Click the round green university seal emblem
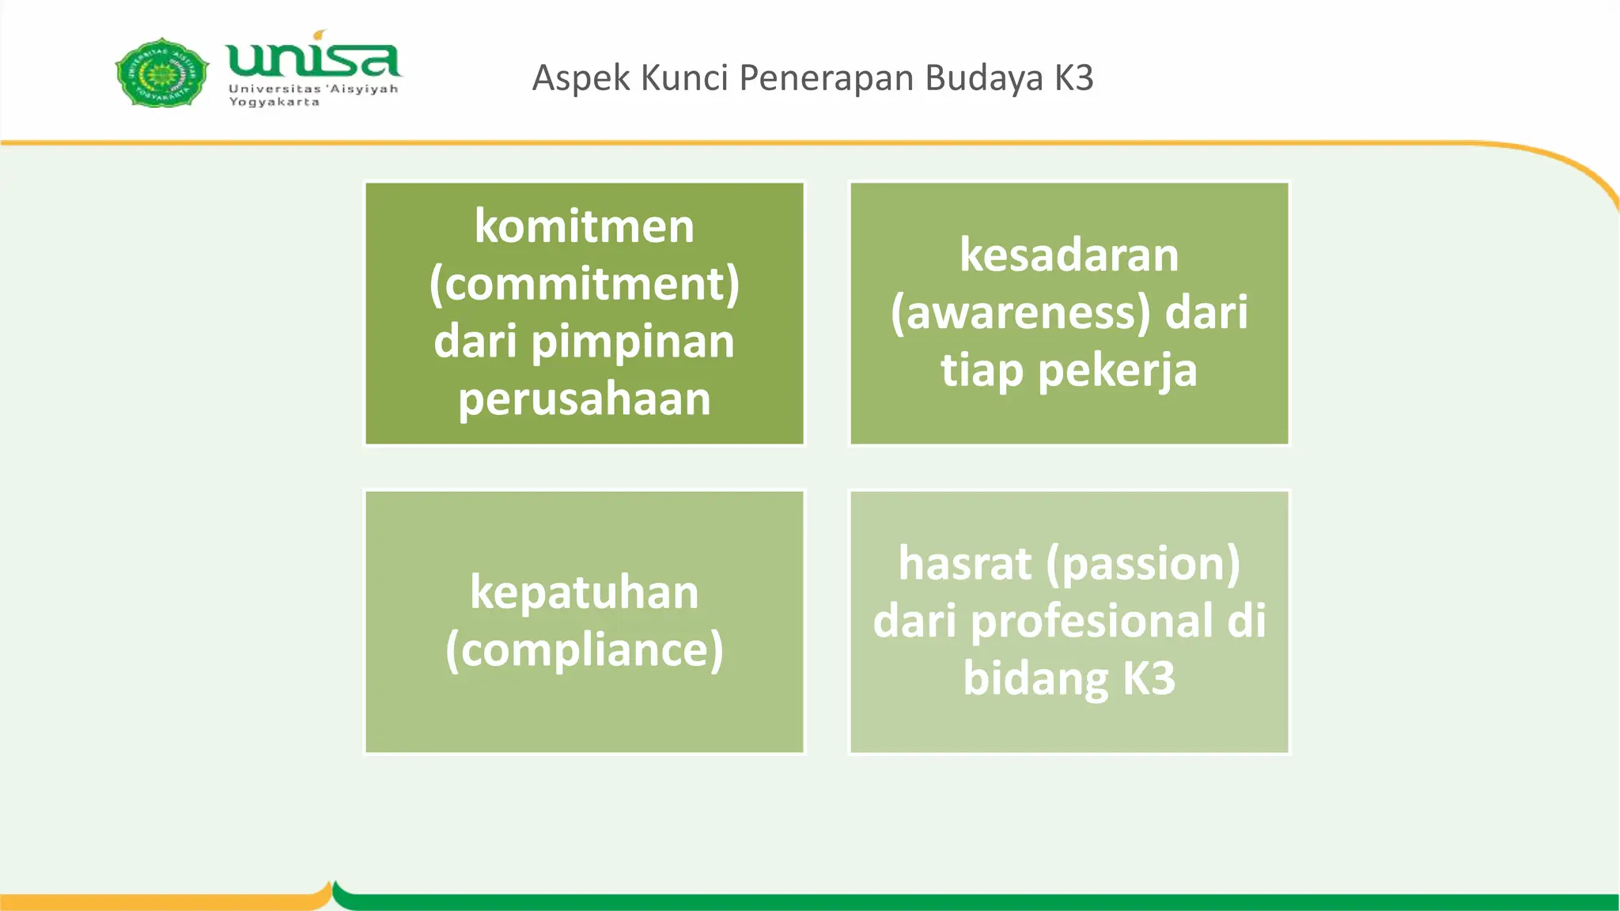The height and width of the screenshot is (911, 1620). pos(162,73)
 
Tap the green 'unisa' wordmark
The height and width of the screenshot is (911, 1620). pos(312,59)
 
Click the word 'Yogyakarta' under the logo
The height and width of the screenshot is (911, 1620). pos(274,102)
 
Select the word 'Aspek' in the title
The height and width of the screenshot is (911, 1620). pos(581,78)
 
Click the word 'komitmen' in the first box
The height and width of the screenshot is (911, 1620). pos(584,227)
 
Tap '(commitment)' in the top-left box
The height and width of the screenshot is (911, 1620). pos(584,285)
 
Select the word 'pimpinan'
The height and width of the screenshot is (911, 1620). pos(633,342)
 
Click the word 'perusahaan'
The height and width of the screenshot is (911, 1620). pos(584,399)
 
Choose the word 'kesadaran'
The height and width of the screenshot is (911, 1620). pos(1069,255)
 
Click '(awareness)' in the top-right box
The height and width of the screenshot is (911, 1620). pos(1020,313)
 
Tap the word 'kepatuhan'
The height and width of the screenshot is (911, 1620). pos(584,593)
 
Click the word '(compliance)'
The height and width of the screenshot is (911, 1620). pos(584,651)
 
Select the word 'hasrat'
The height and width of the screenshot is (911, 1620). pos(965,564)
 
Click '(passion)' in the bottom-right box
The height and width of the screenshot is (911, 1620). pos(1143,565)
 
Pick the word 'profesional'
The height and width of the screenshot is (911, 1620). pos(1092,621)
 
